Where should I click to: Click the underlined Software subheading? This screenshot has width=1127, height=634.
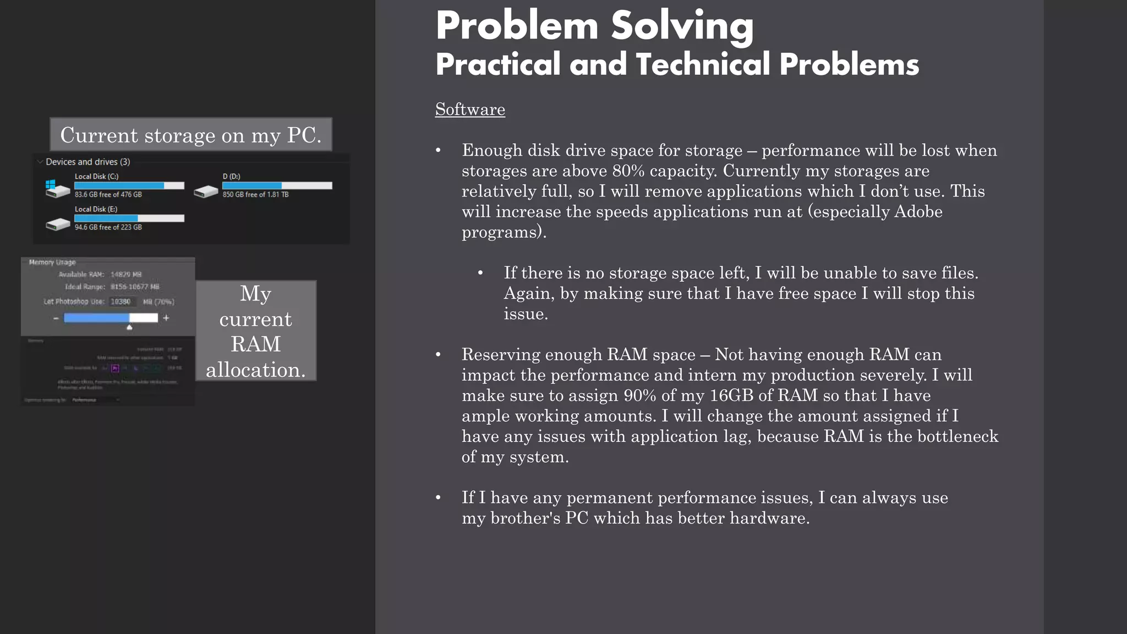click(x=470, y=109)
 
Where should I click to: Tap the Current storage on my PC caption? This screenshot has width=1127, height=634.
click(x=190, y=135)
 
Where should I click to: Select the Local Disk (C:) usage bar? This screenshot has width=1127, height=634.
click(x=129, y=185)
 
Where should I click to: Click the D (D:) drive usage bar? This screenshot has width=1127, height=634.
click(x=277, y=185)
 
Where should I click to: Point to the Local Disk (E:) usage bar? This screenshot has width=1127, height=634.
click(x=129, y=218)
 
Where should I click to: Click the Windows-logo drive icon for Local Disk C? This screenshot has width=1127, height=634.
click(x=57, y=188)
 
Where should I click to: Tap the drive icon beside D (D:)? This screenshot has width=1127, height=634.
click(x=206, y=191)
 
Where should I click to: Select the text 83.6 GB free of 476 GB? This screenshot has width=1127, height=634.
click(x=108, y=195)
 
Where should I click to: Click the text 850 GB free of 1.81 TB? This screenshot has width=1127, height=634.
click(x=255, y=195)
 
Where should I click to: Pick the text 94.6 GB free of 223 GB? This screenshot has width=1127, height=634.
click(x=108, y=227)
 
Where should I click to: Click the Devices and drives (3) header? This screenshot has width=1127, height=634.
click(x=87, y=162)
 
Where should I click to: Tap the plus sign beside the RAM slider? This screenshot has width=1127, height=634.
click(x=166, y=318)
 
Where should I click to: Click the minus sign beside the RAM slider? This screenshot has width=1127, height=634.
click(x=56, y=318)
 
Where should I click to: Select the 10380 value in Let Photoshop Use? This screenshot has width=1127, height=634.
click(x=121, y=302)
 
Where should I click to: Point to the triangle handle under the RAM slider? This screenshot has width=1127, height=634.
click(x=129, y=327)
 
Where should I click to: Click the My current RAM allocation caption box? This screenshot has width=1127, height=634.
click(x=256, y=331)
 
